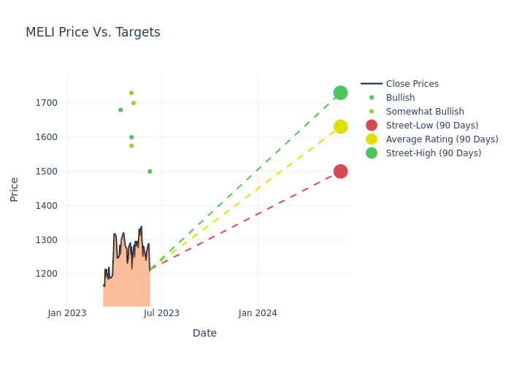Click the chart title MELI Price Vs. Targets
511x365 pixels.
(x=93, y=33)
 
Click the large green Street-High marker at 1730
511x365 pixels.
(x=340, y=93)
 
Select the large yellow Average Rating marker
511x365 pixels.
(x=340, y=127)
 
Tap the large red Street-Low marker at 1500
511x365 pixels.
(x=340, y=172)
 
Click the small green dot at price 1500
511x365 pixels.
(x=150, y=172)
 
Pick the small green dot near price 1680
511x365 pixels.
(x=120, y=110)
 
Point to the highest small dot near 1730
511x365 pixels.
(x=131, y=93)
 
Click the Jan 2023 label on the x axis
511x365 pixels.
(x=67, y=313)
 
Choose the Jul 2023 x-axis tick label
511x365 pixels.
(x=162, y=313)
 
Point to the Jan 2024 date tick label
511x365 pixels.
(x=258, y=313)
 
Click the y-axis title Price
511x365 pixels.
(x=15, y=189)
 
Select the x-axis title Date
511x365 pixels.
(x=204, y=334)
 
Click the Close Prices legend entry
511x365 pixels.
(x=412, y=84)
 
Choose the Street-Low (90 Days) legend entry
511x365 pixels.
(x=432, y=126)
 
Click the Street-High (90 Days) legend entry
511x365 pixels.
(x=434, y=153)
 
